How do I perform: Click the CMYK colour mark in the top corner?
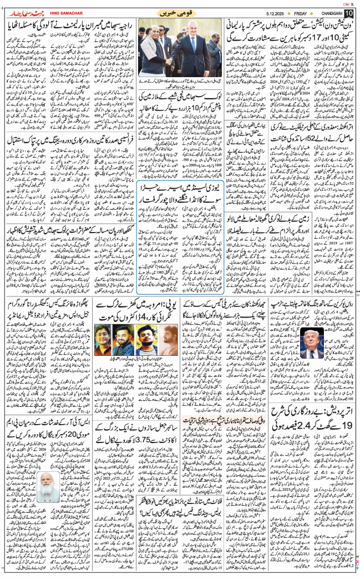(349, 3)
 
